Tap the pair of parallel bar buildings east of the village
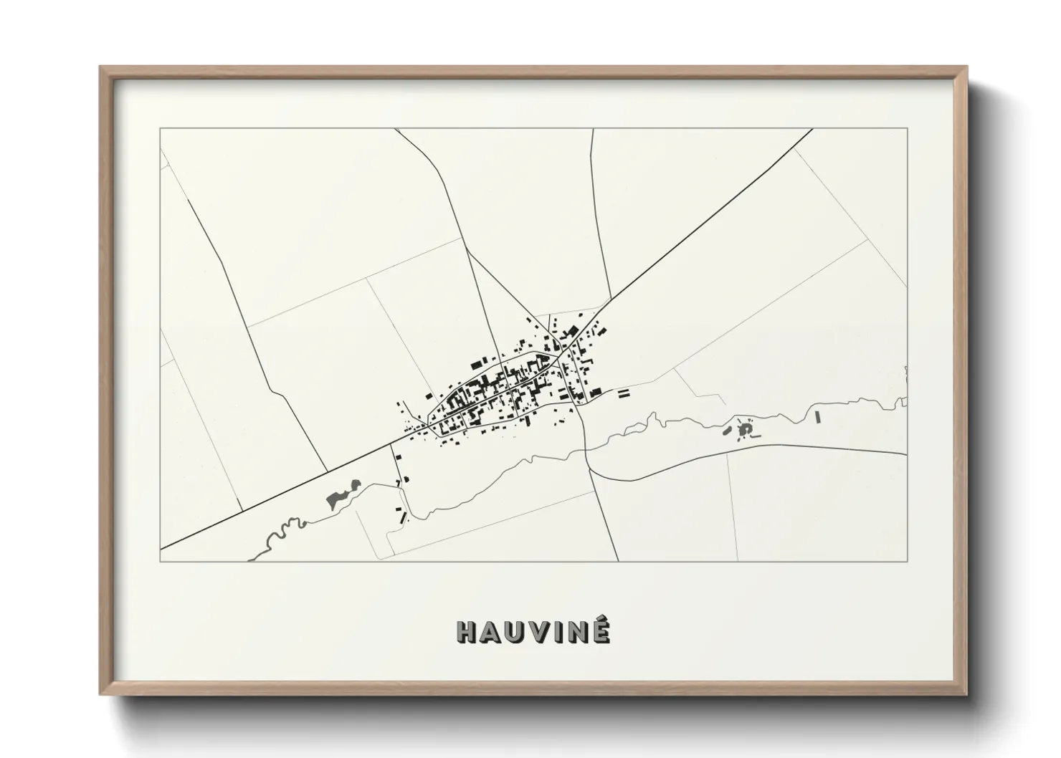pyautogui.click(x=622, y=392)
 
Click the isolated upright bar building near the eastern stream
pyautogui.click(x=817, y=416)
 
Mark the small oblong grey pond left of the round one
pyautogui.click(x=727, y=431)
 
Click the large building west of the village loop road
pyautogui.click(x=429, y=395)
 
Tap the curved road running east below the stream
pyautogui.click(x=753, y=448)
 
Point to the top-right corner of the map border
pyautogui.click(x=907, y=129)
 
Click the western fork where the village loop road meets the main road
pyautogui.click(x=427, y=424)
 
